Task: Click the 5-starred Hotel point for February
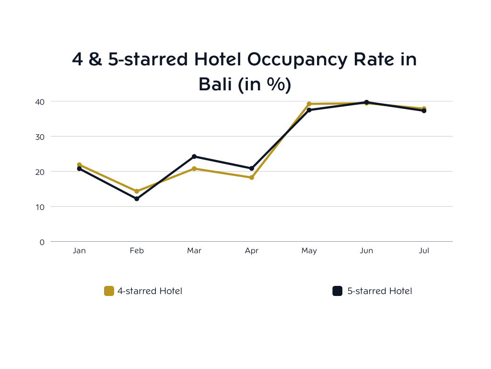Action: point(137,198)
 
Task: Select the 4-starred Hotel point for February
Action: point(137,191)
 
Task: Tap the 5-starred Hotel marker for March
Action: point(194,156)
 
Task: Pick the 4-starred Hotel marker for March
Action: point(194,169)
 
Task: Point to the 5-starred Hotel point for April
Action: point(252,168)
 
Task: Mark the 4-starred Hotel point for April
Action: point(252,177)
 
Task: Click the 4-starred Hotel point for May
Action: point(309,104)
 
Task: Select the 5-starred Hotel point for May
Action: point(309,110)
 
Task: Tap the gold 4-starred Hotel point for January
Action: point(79,165)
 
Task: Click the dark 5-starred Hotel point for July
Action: point(424,111)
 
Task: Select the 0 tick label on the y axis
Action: point(42,242)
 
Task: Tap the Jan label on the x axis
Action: point(79,251)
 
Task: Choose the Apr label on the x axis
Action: point(252,251)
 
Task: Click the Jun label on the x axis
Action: point(366,251)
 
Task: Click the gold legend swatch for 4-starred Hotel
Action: point(109,291)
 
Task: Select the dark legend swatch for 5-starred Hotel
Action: point(338,291)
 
